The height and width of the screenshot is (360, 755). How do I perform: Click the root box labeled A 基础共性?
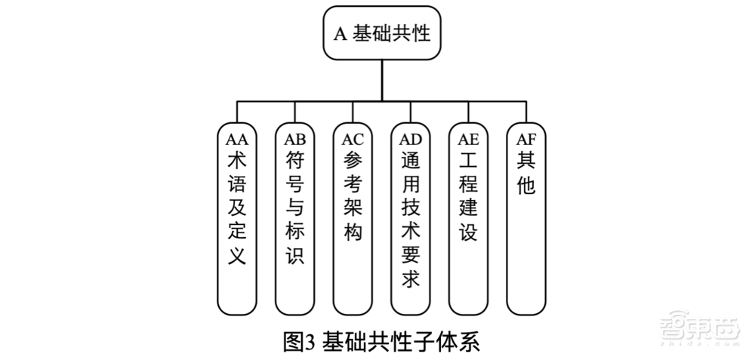click(382, 33)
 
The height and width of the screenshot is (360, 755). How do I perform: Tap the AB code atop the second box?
click(294, 139)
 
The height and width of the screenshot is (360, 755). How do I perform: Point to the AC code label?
click(353, 139)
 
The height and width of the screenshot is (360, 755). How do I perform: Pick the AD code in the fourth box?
click(411, 139)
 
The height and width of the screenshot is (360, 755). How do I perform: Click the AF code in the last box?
click(526, 139)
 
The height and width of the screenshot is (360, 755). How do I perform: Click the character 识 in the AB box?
click(294, 254)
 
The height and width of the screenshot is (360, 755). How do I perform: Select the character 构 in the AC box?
click(353, 231)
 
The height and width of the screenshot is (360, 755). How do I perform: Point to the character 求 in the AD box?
click(411, 278)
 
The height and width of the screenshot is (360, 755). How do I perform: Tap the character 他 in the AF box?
click(526, 185)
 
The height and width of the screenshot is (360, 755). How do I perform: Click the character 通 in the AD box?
click(411, 162)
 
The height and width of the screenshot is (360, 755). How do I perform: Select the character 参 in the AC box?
click(353, 162)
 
